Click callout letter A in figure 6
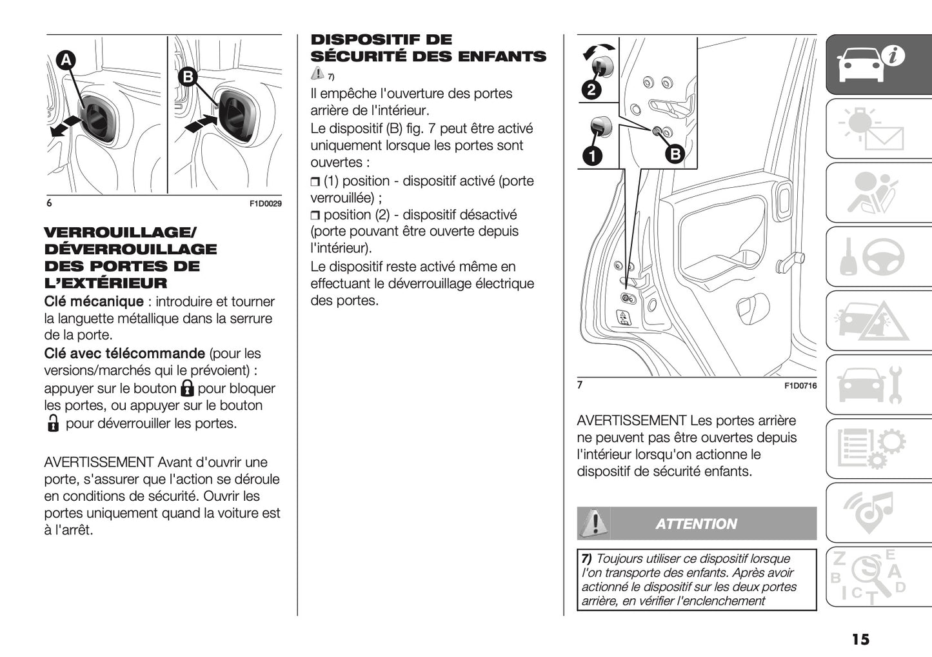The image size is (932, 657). coord(65,61)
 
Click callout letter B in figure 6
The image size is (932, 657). coord(187,77)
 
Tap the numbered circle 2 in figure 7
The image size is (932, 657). coord(591,90)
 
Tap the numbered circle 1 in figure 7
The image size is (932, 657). coord(591,156)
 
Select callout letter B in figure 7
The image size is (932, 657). coord(674,154)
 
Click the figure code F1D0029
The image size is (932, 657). coord(265,204)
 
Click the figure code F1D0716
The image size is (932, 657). coord(800,386)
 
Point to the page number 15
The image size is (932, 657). coord(860,640)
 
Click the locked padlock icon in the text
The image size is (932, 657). coord(187,389)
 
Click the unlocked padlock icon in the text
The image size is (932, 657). coord(53,423)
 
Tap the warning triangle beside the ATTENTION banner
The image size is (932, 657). coord(593,523)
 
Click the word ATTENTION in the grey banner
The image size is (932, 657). coord(696,524)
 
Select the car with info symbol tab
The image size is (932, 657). coord(878,64)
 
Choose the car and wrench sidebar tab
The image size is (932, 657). coord(878,385)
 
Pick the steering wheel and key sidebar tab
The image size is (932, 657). coord(878,257)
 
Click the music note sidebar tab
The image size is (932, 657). coord(878,512)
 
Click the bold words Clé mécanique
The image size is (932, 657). coord(94,301)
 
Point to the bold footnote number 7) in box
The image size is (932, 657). coord(586,559)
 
